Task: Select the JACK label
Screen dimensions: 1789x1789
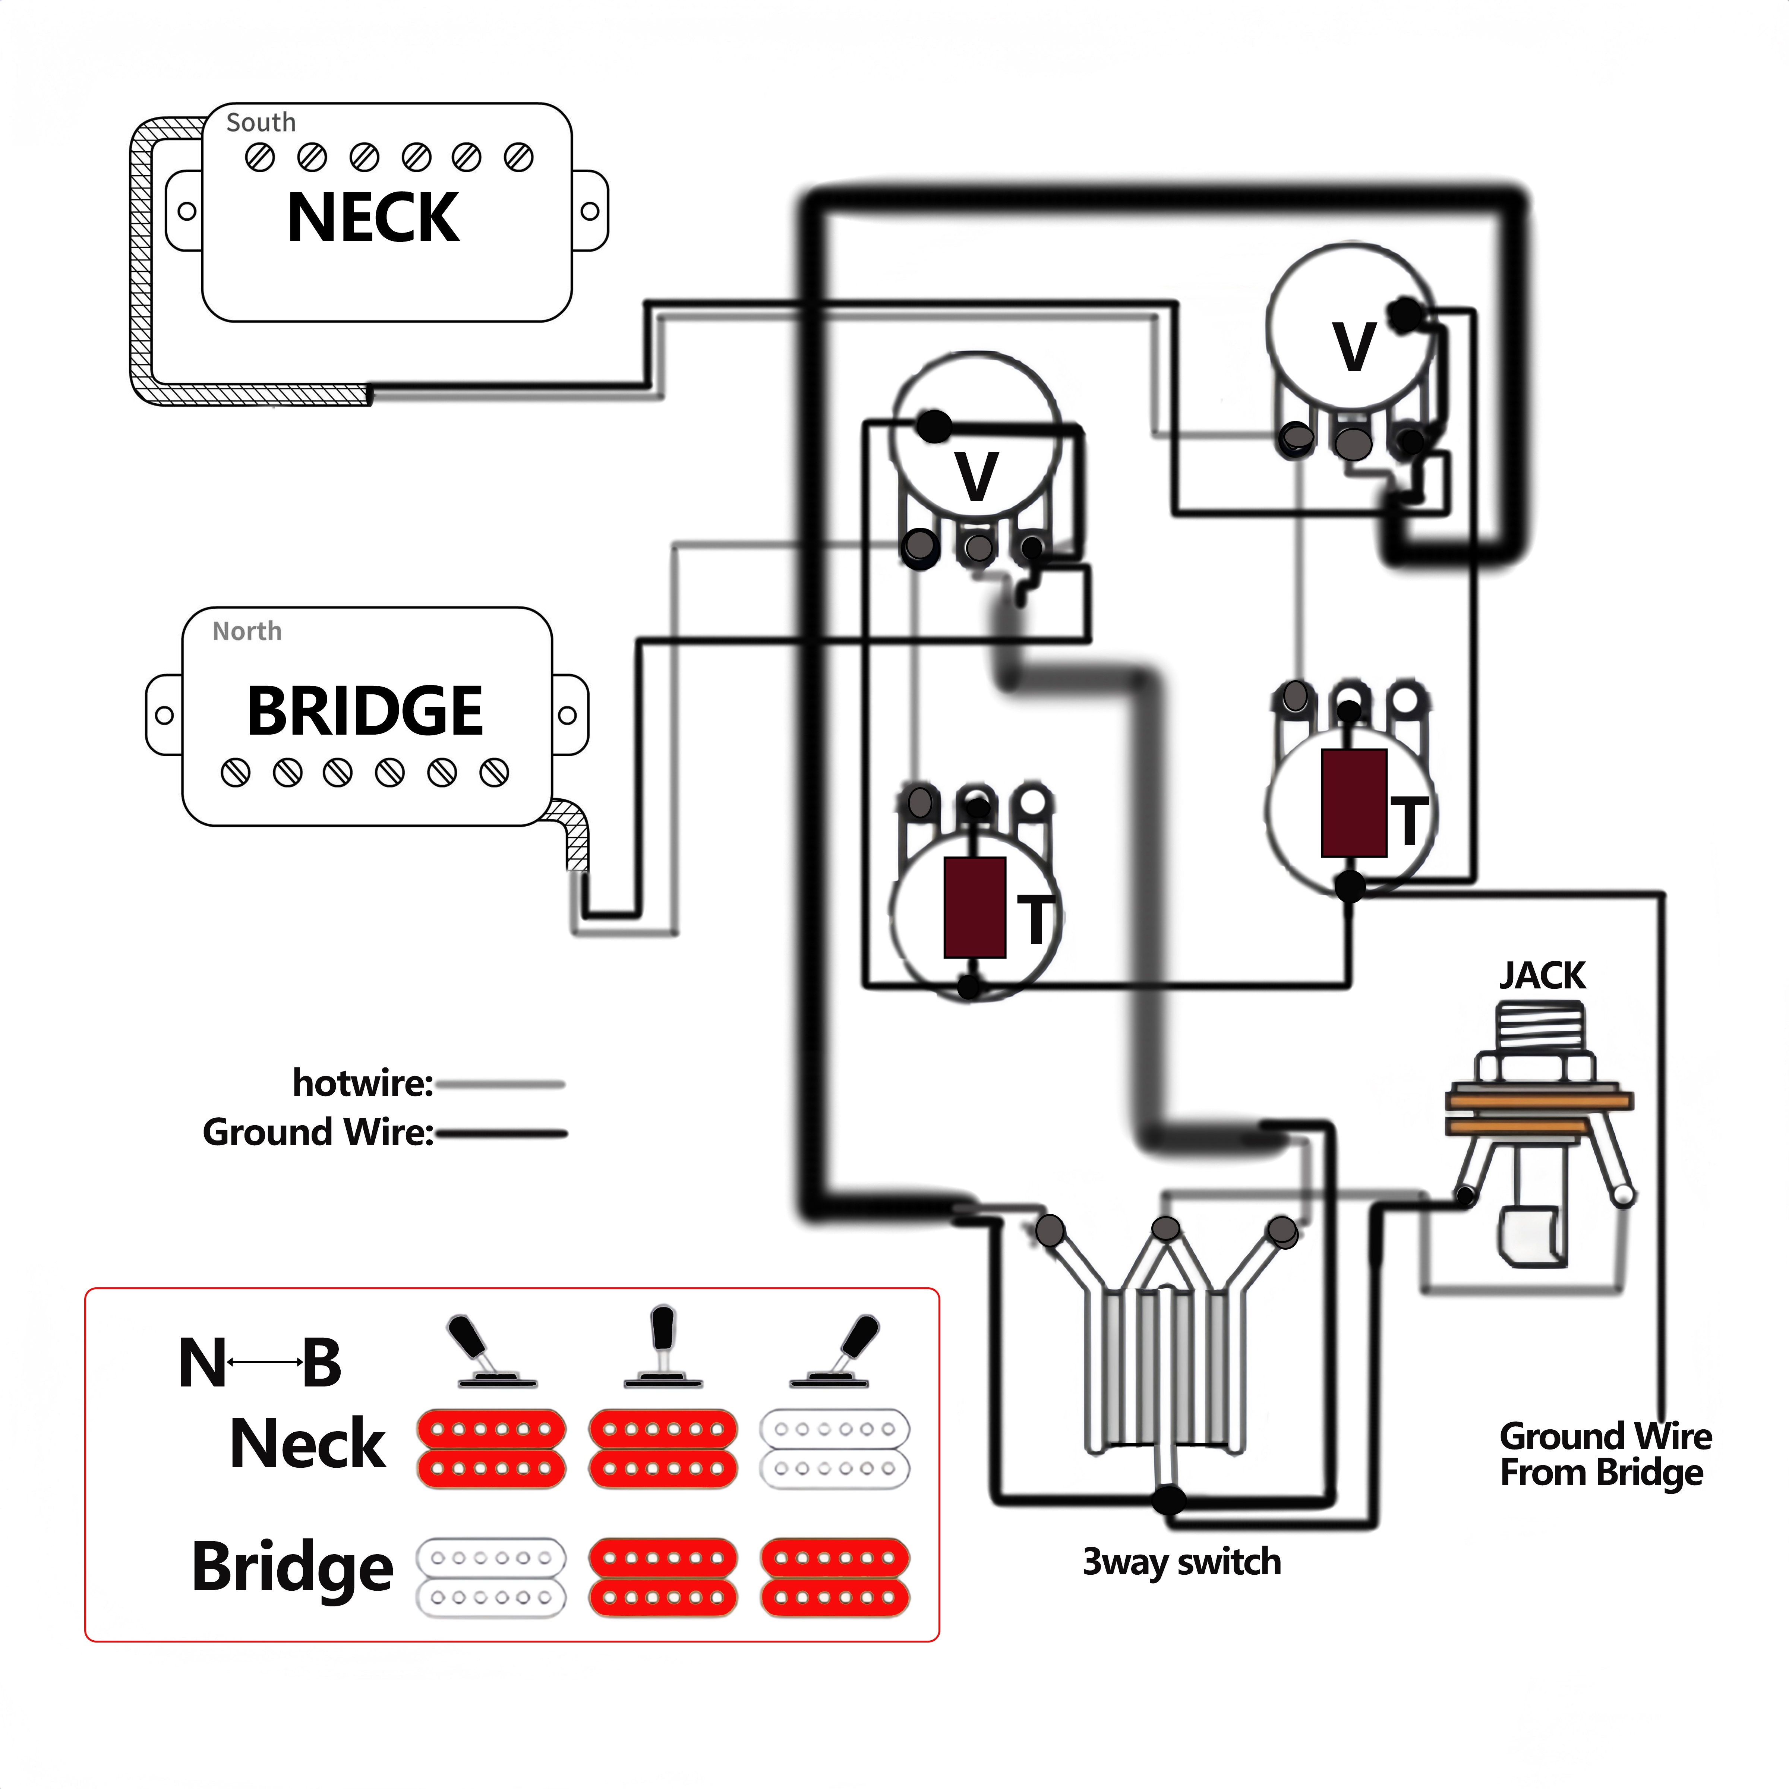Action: click(1542, 976)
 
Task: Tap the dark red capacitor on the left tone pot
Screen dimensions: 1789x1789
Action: click(974, 908)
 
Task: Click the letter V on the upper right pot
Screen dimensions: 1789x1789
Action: click(1354, 347)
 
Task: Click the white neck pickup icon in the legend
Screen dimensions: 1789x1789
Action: click(834, 1448)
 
